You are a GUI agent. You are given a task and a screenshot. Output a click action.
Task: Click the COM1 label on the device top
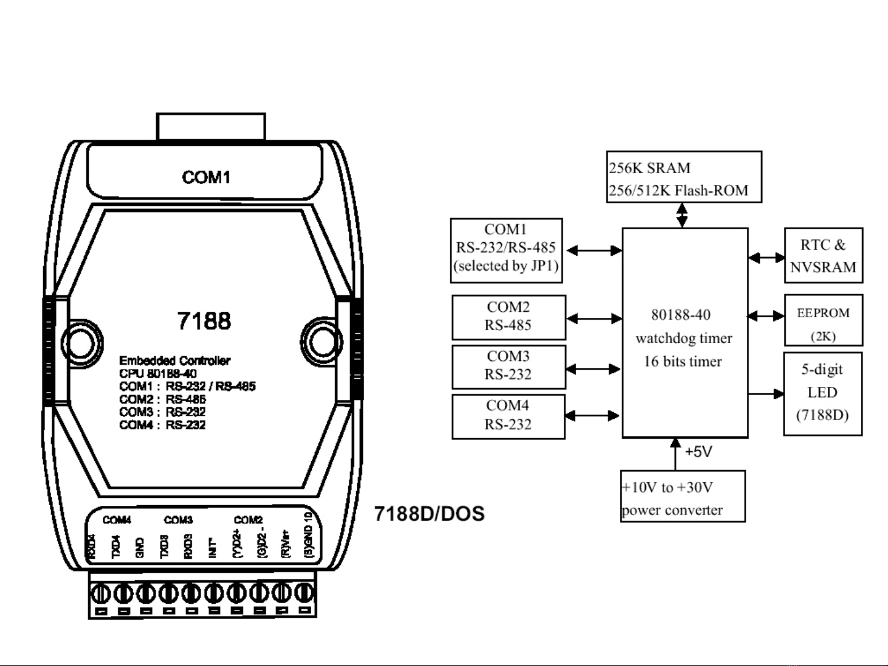(x=206, y=177)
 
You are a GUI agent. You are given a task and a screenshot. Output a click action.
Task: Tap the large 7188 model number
(x=204, y=321)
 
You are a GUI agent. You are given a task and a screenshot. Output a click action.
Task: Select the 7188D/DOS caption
(x=430, y=514)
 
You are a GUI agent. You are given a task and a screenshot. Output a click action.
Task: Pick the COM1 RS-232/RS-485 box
(x=506, y=250)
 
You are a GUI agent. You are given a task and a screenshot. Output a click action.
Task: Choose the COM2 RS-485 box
(x=508, y=317)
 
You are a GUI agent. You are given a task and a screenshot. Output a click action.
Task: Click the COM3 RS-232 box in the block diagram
(x=508, y=367)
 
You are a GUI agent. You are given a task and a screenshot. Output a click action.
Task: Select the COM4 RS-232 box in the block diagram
(x=508, y=416)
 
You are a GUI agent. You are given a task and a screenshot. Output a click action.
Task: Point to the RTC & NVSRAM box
(x=823, y=256)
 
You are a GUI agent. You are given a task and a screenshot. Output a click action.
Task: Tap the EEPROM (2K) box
(x=823, y=320)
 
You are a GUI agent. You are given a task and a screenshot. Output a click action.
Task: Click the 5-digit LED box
(x=823, y=394)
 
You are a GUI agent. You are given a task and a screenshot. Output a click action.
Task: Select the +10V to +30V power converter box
(x=683, y=497)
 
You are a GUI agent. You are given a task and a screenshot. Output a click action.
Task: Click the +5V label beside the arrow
(x=698, y=452)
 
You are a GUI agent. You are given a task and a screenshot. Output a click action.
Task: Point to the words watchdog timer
(x=684, y=338)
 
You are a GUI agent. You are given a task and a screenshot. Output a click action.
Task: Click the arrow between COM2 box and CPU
(x=594, y=319)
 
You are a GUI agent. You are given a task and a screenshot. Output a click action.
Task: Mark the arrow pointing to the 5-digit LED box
(x=766, y=393)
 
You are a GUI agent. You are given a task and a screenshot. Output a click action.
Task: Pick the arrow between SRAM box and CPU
(x=682, y=215)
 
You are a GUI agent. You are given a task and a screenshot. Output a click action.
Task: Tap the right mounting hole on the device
(x=322, y=341)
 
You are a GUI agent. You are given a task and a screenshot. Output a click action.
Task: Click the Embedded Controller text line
(x=174, y=360)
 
